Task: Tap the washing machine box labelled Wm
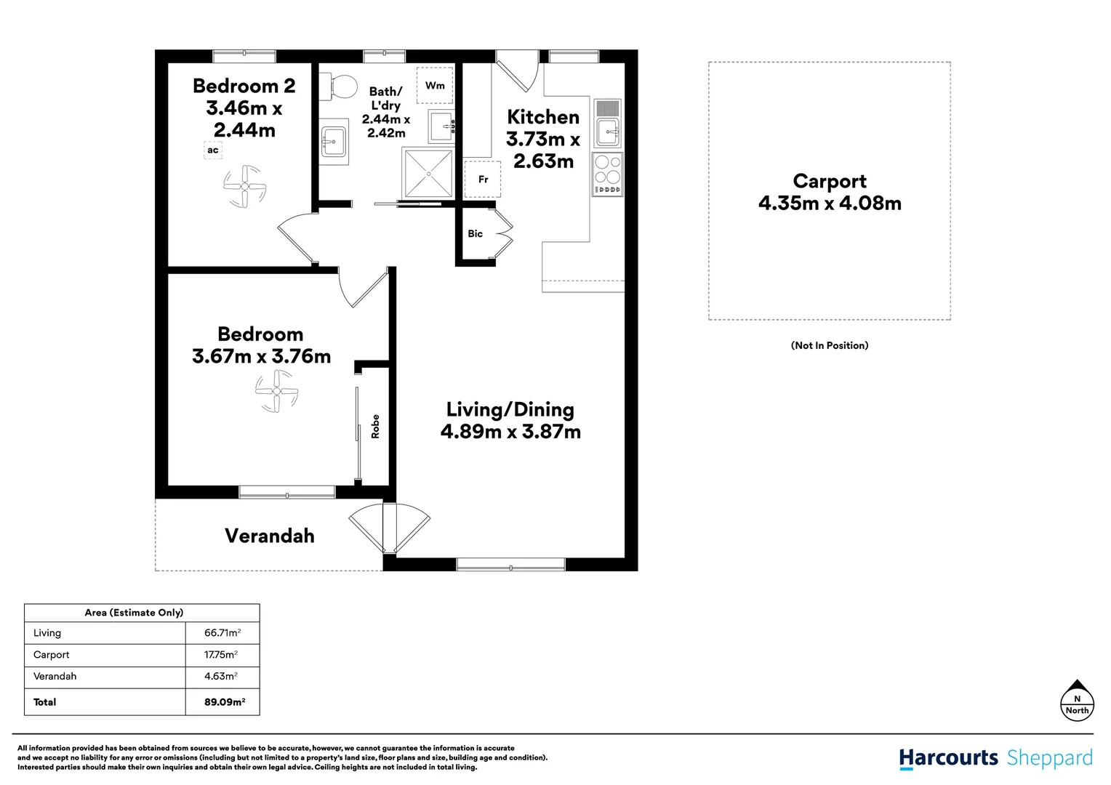tap(435, 85)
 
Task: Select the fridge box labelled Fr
tap(482, 179)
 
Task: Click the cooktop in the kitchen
tap(608, 174)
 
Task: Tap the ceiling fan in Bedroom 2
tap(244, 187)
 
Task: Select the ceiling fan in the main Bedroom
tap(277, 391)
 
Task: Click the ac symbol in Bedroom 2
tap(213, 150)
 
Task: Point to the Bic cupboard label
tap(475, 233)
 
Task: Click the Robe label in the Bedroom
tap(375, 427)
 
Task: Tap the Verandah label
tap(269, 536)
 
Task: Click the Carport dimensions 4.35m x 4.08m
tap(830, 203)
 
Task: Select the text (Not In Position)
tap(830, 345)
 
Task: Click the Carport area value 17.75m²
tap(221, 655)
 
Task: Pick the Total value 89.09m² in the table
tap(225, 701)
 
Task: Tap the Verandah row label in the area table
tap(55, 676)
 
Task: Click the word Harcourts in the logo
tap(948, 758)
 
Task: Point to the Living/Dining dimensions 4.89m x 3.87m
tap(510, 432)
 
